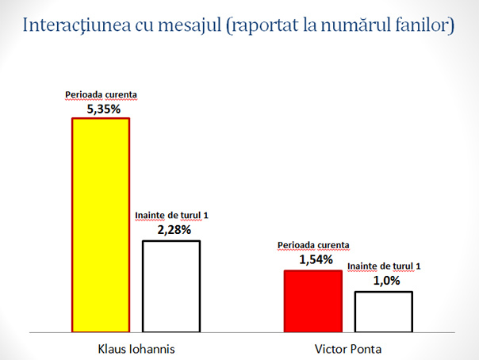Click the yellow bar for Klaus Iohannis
tap(100, 224)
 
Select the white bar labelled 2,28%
tap(171, 285)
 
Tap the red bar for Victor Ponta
tap(312, 301)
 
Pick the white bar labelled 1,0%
tap(383, 311)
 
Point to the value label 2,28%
tap(171, 230)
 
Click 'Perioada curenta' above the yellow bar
tap(102, 94)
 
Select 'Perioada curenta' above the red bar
tap(312, 245)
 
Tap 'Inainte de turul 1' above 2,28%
tap(171, 215)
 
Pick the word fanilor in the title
tap(425, 25)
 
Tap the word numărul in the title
tap(358, 25)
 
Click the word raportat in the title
tap(265, 25)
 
